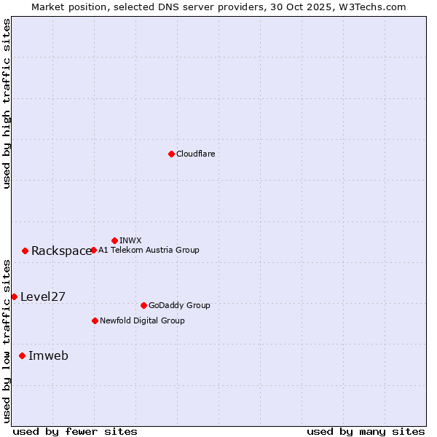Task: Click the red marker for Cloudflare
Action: click(171, 154)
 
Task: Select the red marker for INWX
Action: click(114, 240)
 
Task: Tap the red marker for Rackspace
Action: click(25, 251)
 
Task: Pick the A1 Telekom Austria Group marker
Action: click(93, 250)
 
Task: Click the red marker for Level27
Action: click(14, 296)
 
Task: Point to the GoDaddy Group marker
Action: click(143, 305)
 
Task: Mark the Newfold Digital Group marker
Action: click(95, 320)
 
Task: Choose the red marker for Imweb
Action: click(22, 355)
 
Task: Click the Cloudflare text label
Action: click(195, 154)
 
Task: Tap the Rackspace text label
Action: click(61, 251)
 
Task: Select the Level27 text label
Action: click(43, 296)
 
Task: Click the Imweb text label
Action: click(48, 356)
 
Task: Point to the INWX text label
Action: click(130, 240)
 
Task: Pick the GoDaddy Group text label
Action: click(179, 305)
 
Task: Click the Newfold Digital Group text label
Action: click(142, 320)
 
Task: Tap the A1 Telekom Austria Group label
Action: click(149, 250)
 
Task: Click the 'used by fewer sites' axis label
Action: click(75, 431)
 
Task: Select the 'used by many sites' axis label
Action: click(366, 431)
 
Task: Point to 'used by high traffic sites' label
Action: click(7, 103)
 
